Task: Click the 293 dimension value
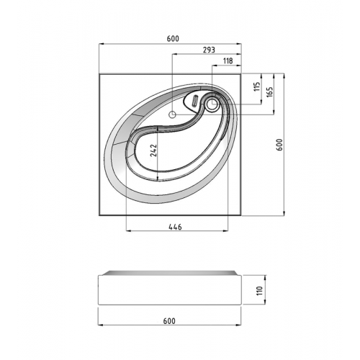tap(209, 50)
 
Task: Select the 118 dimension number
tap(228, 60)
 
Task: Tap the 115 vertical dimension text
tap(257, 86)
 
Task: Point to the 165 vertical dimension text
tap(270, 92)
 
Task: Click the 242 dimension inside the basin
tap(153, 150)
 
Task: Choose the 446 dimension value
tap(175, 227)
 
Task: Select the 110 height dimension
tap(260, 291)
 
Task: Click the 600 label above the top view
tap(173, 39)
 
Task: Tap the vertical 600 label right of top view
tap(280, 145)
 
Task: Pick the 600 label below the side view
tap(169, 321)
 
